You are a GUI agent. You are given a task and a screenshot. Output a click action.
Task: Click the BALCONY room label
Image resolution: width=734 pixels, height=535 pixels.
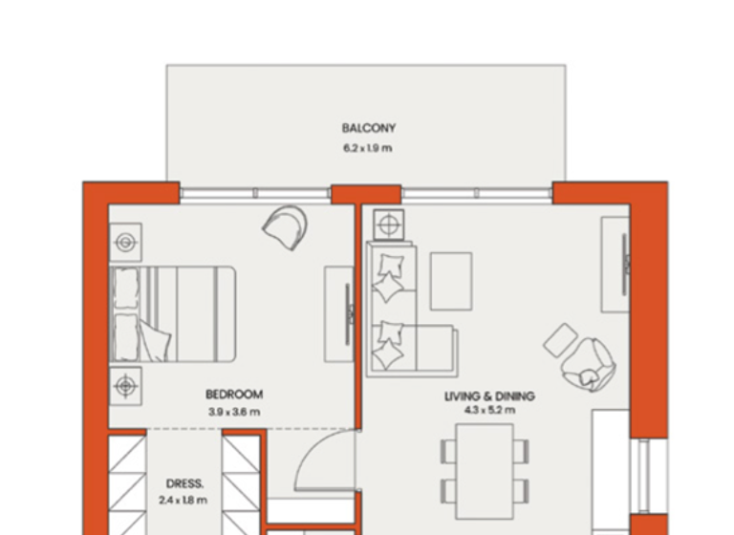368,128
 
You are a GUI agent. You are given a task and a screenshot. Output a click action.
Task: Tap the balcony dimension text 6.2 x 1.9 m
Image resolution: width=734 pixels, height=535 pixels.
368,148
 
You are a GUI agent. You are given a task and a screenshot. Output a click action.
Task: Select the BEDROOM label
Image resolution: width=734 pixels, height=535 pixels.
234,394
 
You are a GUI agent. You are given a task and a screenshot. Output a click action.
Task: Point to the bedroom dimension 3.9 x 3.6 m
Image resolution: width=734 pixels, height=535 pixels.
234,412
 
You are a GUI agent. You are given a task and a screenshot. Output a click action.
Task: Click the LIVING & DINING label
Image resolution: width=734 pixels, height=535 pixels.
489,396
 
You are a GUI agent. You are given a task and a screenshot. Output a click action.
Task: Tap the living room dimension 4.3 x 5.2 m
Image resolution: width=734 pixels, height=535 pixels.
489,411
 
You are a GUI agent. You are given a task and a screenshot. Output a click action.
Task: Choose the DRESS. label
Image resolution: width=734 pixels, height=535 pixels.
184,483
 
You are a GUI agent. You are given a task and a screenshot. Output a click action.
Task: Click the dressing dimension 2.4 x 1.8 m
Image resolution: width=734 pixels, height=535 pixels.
184,500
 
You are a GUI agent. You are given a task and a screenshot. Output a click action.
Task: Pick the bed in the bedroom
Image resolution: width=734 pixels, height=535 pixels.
173,313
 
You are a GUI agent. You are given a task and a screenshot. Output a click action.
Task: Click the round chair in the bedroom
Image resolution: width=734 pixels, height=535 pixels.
286,225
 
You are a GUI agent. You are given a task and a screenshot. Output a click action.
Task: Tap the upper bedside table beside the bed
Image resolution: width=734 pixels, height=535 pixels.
125,243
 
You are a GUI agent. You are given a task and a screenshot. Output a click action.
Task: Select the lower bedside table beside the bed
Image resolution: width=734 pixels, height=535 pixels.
125,386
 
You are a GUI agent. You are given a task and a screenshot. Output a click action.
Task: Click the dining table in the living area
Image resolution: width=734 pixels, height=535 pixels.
484,470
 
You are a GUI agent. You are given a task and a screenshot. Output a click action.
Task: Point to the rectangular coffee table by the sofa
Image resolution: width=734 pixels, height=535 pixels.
451,281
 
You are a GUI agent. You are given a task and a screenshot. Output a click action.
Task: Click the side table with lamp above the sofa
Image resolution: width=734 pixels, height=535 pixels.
388,225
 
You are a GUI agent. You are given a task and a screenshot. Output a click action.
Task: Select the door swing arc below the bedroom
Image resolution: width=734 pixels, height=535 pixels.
326,463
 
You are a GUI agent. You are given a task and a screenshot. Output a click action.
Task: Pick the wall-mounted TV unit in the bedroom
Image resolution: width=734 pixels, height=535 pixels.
340,314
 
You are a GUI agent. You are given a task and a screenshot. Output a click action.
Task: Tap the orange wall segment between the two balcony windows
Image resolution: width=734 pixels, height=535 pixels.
365,194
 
